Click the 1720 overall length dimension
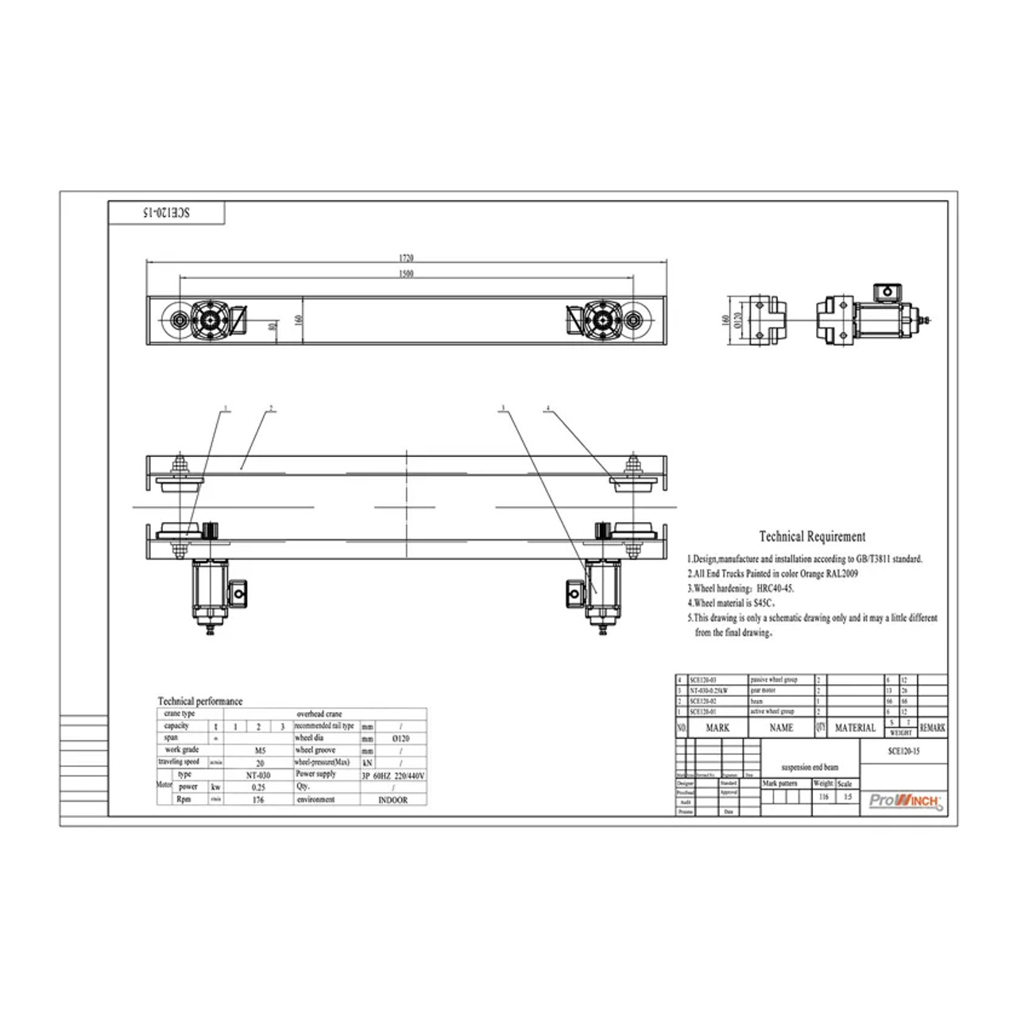pos(406,258)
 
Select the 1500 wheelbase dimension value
pos(406,274)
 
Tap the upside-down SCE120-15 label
pos(166,213)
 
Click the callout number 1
pos(226,409)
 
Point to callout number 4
pos(547,409)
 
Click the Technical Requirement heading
pos(812,537)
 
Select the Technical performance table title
pos(199,702)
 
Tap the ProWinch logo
pos(905,801)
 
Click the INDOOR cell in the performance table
pos(392,800)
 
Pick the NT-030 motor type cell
pos(258,775)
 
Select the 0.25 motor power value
pos(258,787)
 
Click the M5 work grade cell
pos(260,750)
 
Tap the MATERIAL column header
pos(855,728)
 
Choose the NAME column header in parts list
pos(781,728)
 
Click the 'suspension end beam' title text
pos(810,768)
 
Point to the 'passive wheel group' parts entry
pos(773,680)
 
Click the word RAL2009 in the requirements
pos(841,574)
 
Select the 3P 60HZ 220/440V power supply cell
pos(392,775)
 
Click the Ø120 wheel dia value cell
pos(401,738)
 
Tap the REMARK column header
pos(932,728)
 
